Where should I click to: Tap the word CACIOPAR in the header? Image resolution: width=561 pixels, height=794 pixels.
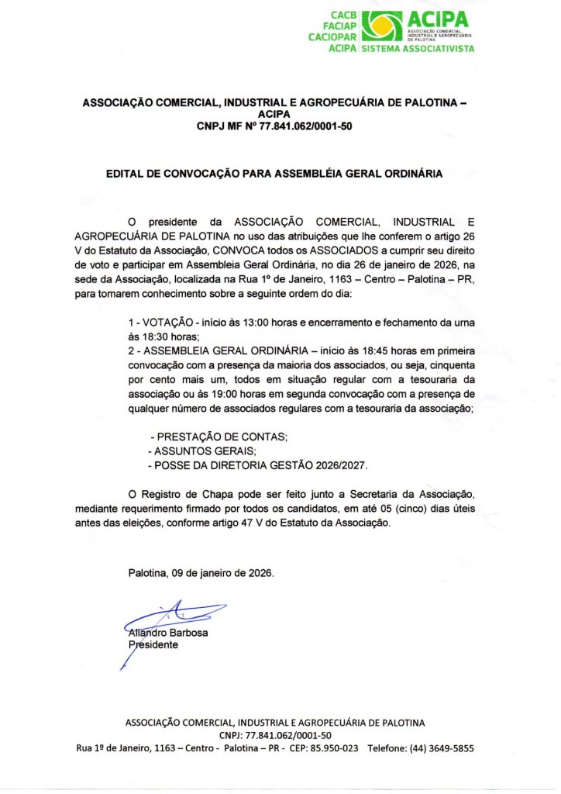click(332, 36)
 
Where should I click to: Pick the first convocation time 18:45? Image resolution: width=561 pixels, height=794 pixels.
click(338, 350)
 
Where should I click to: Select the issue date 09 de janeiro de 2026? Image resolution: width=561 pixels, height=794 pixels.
click(224, 574)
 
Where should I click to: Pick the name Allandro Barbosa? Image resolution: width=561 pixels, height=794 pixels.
click(168, 632)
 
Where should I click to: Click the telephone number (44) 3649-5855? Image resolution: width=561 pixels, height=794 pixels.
click(442, 748)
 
